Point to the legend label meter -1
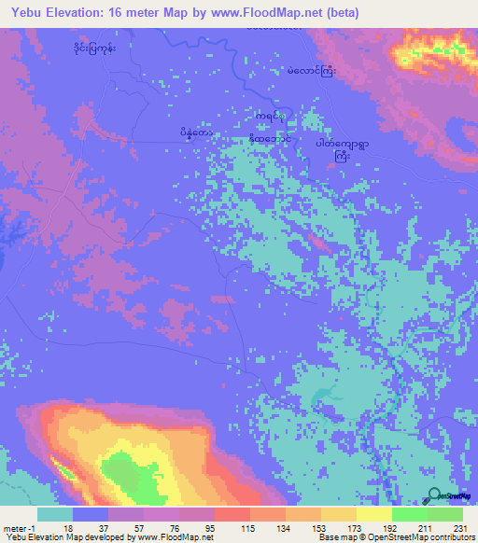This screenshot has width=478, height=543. (17, 527)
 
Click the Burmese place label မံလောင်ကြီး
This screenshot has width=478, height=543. (311, 71)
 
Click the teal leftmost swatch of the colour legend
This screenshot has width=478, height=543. (55, 514)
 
